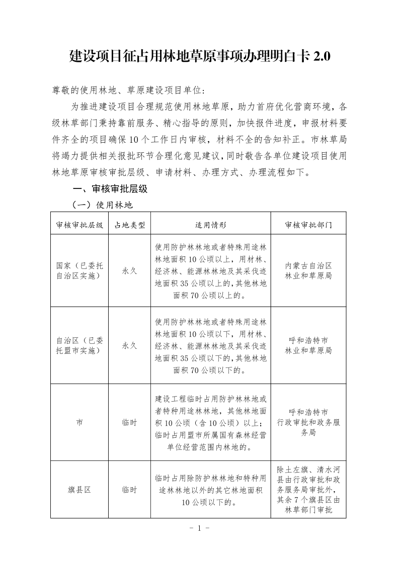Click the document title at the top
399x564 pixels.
pos(199,56)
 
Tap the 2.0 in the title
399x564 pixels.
pos(321,56)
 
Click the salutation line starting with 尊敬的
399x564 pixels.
pos(129,90)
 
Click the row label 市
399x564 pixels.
pos(79,423)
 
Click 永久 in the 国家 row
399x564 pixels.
pos(129,270)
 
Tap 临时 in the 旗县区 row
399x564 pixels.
pos(129,489)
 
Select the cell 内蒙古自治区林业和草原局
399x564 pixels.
pos(308,270)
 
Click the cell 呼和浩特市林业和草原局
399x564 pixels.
pos(308,345)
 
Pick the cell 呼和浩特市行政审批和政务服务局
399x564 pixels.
pos(308,422)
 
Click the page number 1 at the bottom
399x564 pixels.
pos(199,528)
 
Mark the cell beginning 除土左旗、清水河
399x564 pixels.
pos(308,489)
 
